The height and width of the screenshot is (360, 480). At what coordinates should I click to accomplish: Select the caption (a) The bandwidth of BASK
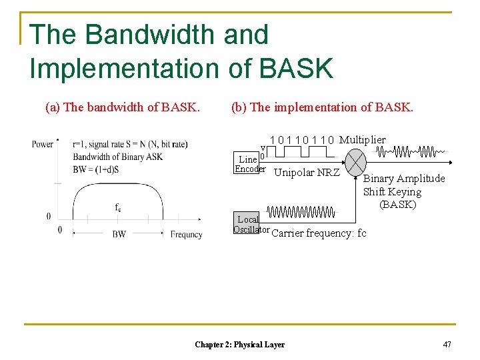coord(122,107)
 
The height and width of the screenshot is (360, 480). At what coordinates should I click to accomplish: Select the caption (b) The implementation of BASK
coord(322,107)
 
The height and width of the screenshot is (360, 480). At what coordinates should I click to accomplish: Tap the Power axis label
coord(43,144)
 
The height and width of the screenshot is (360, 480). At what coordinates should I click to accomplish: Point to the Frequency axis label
coord(186,235)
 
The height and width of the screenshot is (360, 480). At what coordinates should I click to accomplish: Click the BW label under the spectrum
coord(119,235)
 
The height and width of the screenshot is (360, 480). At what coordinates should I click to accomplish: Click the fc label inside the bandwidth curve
coord(117,207)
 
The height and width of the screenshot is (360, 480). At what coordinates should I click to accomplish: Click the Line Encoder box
coord(249,164)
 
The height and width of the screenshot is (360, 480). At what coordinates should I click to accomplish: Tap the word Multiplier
coord(362,139)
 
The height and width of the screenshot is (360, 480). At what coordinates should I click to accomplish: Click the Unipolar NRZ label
coord(307,173)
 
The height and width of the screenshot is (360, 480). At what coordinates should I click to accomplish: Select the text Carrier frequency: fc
coord(319,233)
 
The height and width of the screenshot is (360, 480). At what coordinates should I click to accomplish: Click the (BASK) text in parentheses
coord(397,205)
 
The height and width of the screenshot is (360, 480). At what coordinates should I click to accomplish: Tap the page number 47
coord(447,344)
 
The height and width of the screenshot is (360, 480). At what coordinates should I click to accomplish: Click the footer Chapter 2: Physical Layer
coord(239,345)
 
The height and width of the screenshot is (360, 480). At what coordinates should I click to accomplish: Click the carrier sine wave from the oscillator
coord(301,212)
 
